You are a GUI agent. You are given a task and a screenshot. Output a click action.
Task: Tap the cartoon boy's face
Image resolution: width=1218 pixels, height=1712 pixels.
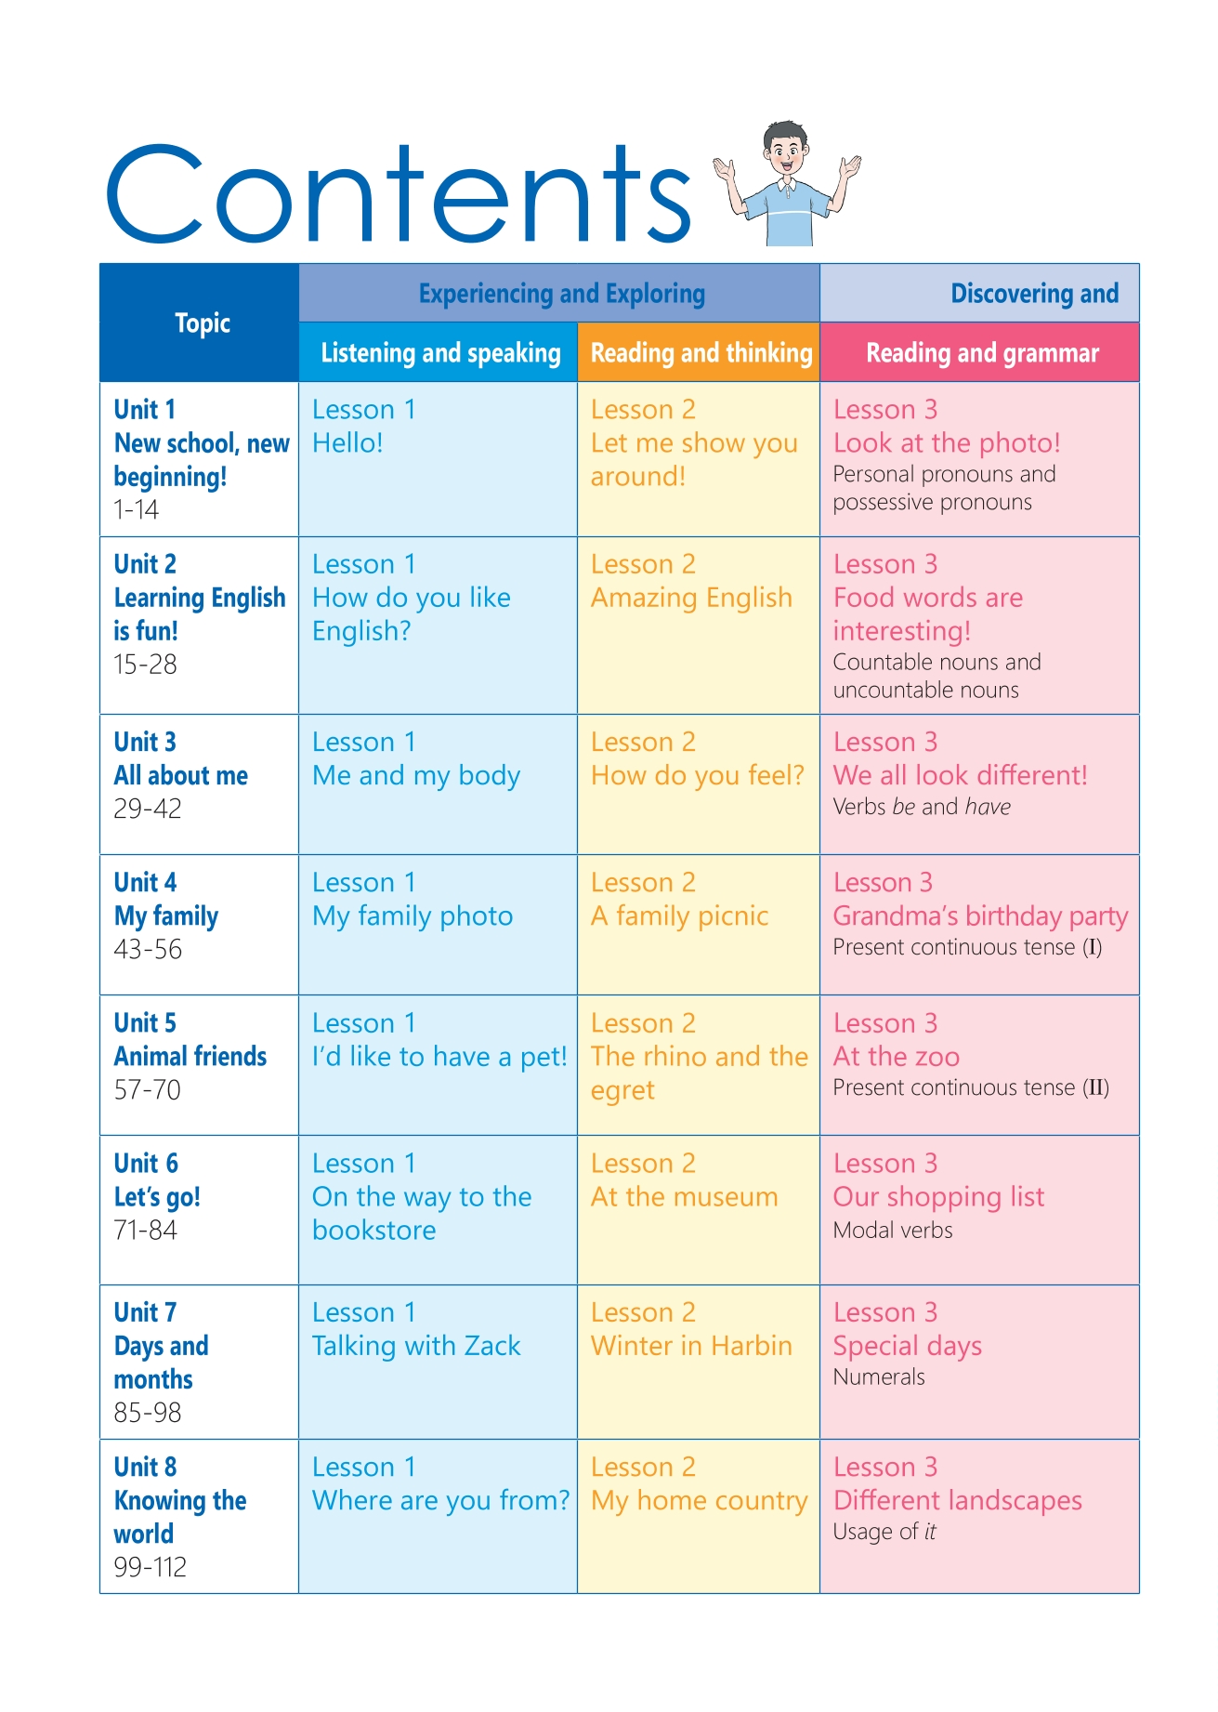tap(786, 150)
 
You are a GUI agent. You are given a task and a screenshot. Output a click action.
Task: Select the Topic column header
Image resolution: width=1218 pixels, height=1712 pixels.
tap(203, 323)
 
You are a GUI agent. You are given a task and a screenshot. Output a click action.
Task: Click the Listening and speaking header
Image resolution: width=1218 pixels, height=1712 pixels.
tap(440, 353)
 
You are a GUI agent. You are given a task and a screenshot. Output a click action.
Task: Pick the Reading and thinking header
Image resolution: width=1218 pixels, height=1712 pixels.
tap(701, 353)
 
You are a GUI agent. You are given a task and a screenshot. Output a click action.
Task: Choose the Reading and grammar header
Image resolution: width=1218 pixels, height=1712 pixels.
tap(982, 353)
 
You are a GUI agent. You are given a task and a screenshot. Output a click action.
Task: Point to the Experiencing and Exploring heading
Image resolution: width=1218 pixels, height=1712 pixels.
tap(561, 294)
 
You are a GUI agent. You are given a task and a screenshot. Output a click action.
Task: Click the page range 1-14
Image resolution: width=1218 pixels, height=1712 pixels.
tap(137, 510)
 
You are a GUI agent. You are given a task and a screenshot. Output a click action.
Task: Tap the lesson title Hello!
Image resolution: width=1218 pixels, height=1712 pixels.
tap(347, 443)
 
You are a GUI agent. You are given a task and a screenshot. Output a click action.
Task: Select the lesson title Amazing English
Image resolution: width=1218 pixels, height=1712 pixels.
tap(691, 598)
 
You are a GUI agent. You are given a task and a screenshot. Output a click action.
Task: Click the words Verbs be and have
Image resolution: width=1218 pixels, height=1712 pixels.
tap(921, 807)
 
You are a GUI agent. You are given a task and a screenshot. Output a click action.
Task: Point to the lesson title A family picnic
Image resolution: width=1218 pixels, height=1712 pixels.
tap(679, 916)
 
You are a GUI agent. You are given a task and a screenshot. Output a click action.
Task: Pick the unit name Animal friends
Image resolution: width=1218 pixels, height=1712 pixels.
tap(190, 1057)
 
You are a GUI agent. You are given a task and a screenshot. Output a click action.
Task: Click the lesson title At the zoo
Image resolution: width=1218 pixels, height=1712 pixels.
tap(896, 1057)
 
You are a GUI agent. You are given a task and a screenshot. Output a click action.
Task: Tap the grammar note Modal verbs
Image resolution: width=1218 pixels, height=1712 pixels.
tap(892, 1231)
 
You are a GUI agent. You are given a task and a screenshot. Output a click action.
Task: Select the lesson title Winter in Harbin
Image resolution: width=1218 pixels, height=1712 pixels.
tap(691, 1346)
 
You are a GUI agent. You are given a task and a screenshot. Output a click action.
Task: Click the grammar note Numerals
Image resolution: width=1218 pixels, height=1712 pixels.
tap(878, 1377)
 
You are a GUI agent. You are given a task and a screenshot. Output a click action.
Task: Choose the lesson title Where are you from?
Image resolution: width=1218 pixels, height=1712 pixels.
tap(440, 1500)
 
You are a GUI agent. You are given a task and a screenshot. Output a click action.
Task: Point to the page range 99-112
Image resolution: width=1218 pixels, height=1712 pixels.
tap(151, 1568)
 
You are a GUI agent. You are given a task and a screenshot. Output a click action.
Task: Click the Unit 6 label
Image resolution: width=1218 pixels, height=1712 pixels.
tap(146, 1164)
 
